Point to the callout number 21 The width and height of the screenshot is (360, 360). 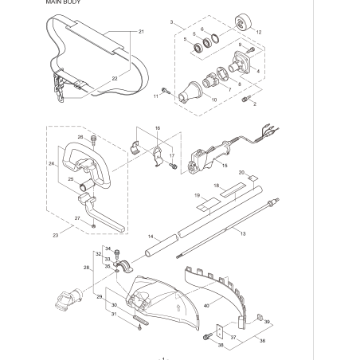click(140, 31)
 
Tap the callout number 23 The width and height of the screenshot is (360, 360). click(55, 235)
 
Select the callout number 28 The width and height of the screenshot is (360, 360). click(87, 268)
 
